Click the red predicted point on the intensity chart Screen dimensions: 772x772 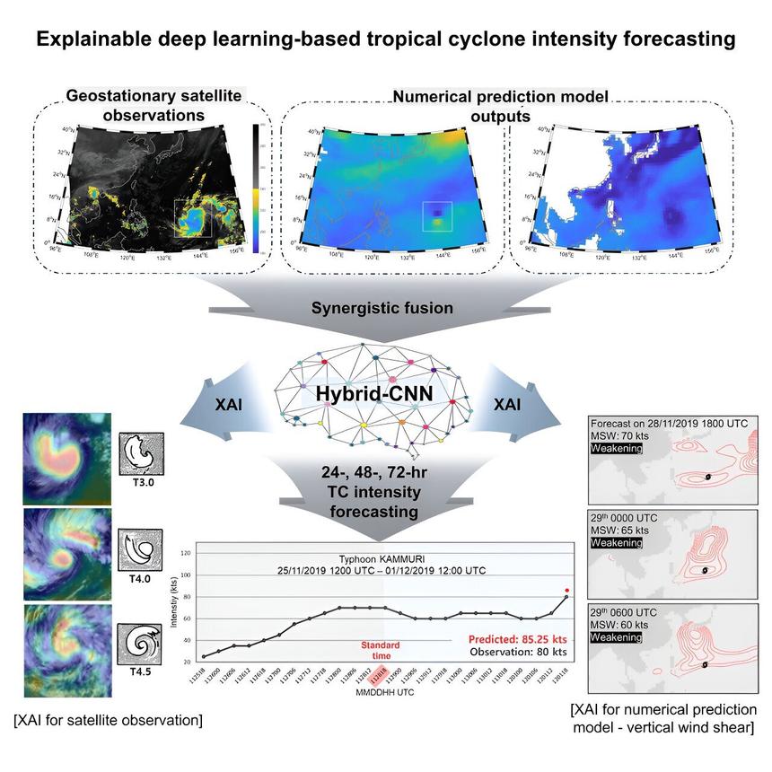[x=566, y=590]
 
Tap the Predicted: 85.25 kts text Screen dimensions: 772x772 [x=515, y=640]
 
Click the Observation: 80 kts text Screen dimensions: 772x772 [x=519, y=654]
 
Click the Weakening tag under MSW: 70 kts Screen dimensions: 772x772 [x=616, y=448]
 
